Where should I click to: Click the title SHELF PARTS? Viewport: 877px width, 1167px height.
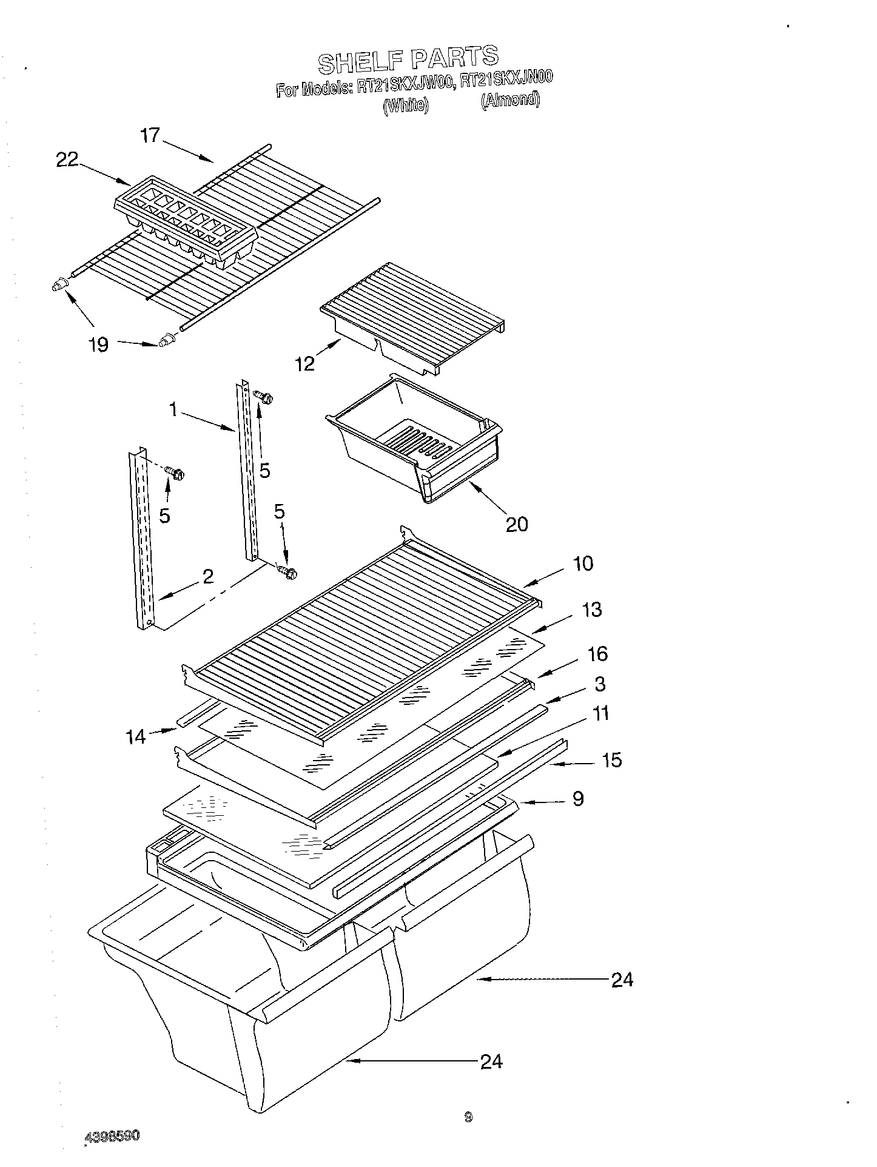pos(408,58)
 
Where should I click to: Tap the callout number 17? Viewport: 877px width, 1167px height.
pos(150,135)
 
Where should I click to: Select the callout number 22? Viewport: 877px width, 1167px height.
pos(67,160)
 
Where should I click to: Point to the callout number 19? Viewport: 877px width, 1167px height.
pos(98,345)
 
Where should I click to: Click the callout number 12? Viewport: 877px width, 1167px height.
pos(306,363)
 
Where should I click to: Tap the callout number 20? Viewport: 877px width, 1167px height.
pos(517,523)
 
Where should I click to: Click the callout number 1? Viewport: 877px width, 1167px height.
pos(173,411)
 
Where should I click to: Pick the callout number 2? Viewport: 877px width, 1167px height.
pos(208,576)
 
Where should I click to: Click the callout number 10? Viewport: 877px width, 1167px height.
pos(583,563)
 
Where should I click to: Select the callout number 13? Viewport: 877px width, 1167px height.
pos(592,609)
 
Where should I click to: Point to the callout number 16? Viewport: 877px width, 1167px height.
pos(597,654)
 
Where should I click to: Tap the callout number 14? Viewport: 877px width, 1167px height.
pos(136,736)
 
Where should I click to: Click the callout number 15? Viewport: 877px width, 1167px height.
pos(613,759)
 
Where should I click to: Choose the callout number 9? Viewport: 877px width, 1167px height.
pos(578,798)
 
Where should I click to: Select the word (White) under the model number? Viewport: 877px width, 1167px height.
pos(406,106)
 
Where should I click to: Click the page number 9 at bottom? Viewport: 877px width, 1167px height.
pos(468,1117)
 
